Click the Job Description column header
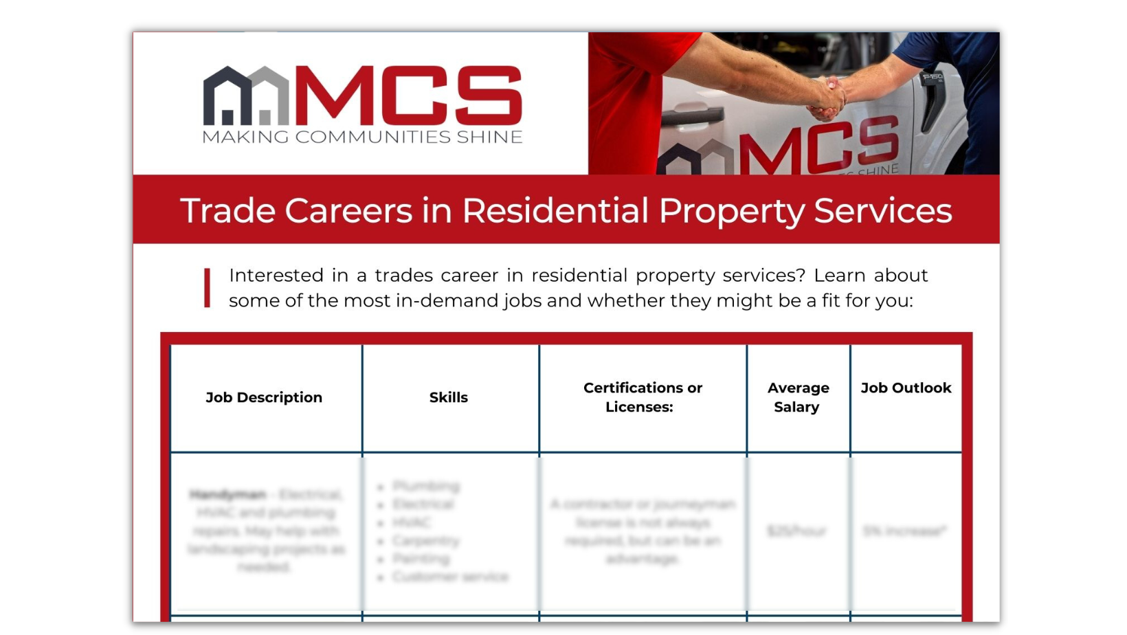[264, 397]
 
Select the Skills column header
[448, 397]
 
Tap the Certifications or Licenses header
[643, 397]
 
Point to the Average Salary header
[798, 397]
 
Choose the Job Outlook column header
[906, 388]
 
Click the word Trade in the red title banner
[227, 210]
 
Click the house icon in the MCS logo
[246, 96]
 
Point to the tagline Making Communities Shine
[362, 137]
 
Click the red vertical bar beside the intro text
[207, 287]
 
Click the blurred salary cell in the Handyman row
[797, 531]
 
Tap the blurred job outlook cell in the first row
[905, 531]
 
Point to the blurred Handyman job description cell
[265, 531]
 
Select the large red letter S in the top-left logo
[487, 96]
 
